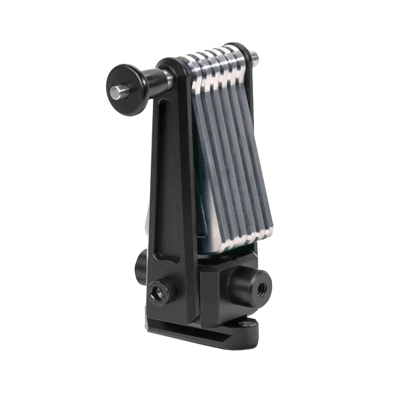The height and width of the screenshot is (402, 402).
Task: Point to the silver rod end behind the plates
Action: (x=255, y=56)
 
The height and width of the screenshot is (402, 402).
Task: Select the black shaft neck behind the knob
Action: (x=155, y=81)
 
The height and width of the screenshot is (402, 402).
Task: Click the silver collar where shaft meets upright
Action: (x=169, y=78)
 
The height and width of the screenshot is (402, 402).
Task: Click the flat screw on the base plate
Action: (x=247, y=324)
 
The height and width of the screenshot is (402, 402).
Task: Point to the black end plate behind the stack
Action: (x=248, y=80)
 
